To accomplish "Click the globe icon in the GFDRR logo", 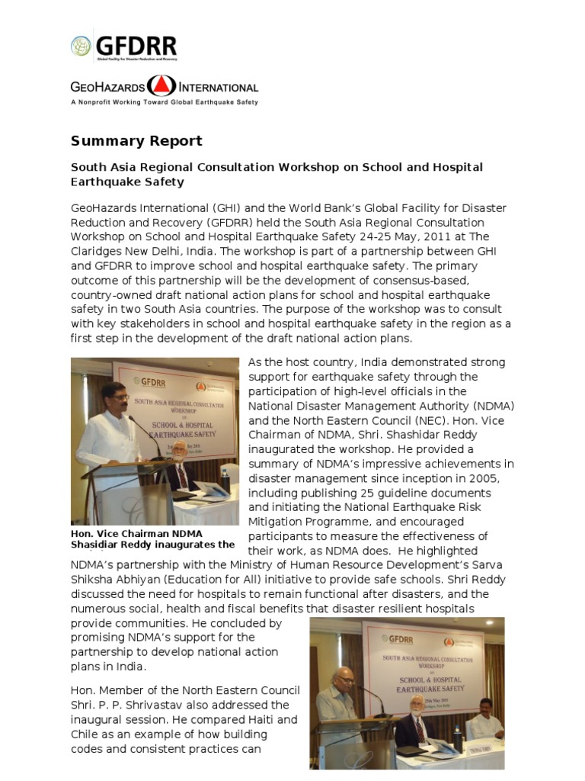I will (x=81, y=46).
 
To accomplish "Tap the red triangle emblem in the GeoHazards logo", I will (x=161, y=86).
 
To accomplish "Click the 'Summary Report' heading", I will (x=136, y=141).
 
